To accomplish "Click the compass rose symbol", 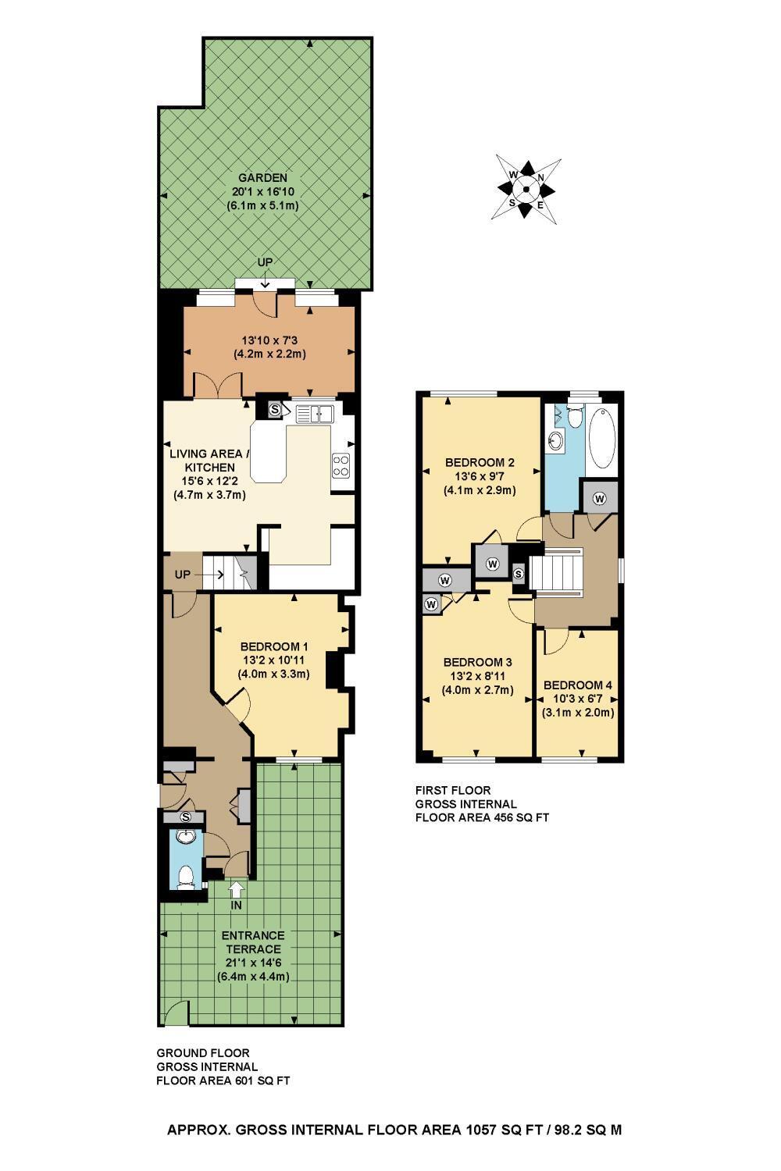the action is coord(526,189).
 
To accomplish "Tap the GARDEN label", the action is coord(262,178).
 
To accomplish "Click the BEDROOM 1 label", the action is coord(273,646).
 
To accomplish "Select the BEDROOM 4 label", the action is coord(577,685).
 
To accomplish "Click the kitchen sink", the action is coord(315,414).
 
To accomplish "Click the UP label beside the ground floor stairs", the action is coord(182,575).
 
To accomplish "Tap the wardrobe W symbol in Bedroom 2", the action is coord(492,564).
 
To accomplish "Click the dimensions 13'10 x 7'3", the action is coord(269,340).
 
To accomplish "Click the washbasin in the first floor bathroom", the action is coord(556,441).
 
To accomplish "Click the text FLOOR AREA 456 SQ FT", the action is coord(482,817).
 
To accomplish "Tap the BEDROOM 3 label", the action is coord(478,662).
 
